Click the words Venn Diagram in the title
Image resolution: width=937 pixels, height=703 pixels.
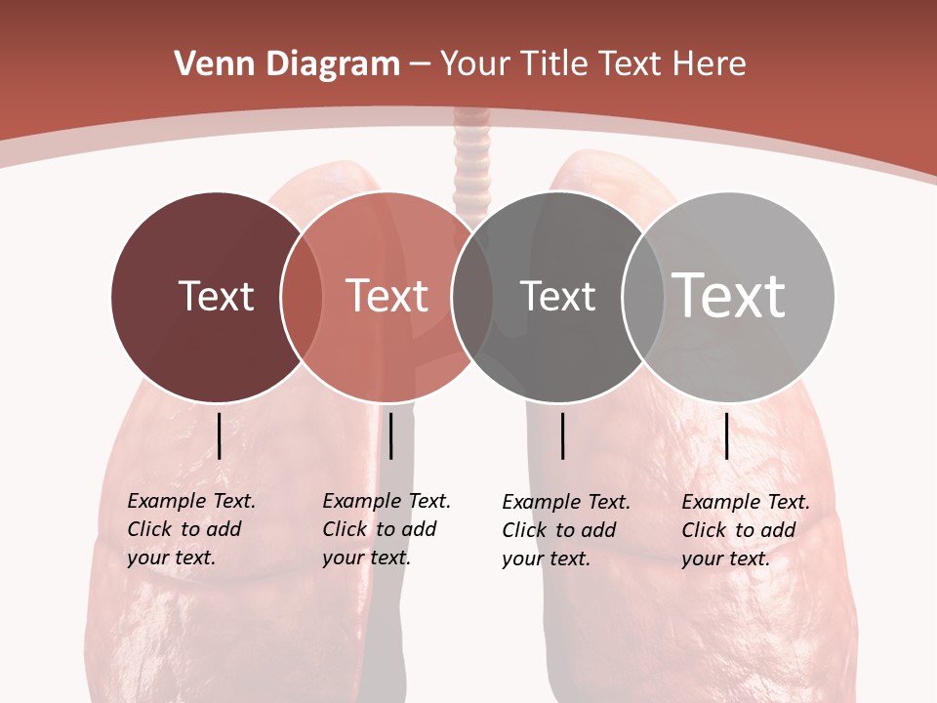tap(287, 64)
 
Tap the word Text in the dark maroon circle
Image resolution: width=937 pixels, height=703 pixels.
tap(216, 296)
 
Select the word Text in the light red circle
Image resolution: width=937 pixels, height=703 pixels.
tap(387, 296)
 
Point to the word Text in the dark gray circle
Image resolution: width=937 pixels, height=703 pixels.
tap(557, 296)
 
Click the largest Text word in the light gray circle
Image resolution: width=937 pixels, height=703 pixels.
tap(728, 295)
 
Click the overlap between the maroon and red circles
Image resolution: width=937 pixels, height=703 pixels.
tap(302, 297)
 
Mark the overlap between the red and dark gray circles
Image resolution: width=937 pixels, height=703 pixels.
tap(472, 297)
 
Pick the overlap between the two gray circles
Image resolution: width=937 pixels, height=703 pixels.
tap(642, 297)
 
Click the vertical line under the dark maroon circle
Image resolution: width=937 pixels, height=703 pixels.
tap(219, 435)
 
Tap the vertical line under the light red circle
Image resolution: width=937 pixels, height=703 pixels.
tap(390, 435)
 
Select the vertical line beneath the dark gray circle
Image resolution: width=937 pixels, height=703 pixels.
tap(562, 435)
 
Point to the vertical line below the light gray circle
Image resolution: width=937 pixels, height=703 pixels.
tap(726, 435)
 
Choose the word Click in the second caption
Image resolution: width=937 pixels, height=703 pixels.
tap(345, 529)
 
